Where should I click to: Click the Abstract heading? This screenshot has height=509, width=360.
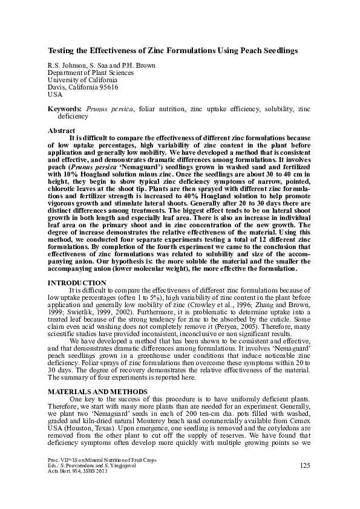62,131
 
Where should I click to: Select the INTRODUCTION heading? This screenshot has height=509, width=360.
77,283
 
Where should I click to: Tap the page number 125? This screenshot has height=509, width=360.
305,465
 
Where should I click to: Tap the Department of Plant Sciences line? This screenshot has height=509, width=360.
91,72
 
